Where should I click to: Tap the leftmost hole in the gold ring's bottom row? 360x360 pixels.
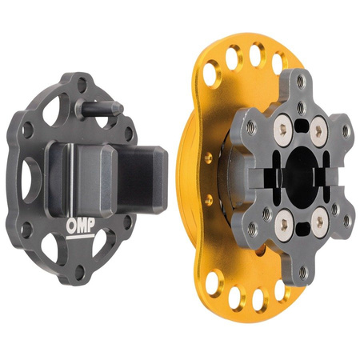click(214, 283)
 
